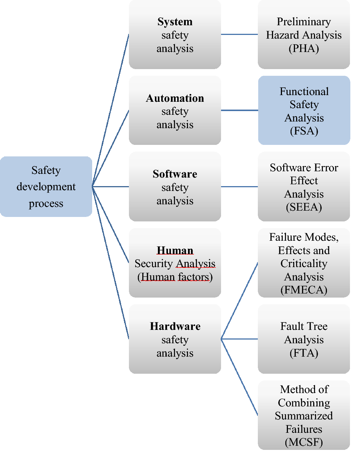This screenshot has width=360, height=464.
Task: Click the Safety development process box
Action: [x=46, y=186]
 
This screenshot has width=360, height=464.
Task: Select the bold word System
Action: [x=175, y=22]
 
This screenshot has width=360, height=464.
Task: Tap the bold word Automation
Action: [x=175, y=98]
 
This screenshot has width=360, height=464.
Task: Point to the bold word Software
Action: [x=175, y=174]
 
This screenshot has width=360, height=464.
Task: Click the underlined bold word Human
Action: [x=175, y=250]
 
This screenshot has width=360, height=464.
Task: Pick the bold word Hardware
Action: [x=175, y=327]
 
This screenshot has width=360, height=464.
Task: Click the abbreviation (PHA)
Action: [x=304, y=49]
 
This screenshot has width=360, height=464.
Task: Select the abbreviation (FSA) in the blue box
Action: [x=304, y=131]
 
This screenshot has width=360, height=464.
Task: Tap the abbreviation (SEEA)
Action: [x=304, y=207]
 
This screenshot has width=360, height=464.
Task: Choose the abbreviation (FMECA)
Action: [x=304, y=290]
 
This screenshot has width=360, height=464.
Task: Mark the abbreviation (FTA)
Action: [x=304, y=353]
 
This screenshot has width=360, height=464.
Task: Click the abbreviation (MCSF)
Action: [x=304, y=442]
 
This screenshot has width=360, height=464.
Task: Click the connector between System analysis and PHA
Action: [x=239, y=35]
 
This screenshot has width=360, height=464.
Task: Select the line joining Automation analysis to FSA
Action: [x=239, y=110]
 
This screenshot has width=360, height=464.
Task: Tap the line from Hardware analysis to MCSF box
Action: [x=240, y=377]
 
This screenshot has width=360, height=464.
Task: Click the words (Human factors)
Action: [x=175, y=277]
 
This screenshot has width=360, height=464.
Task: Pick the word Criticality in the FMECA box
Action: [x=304, y=264]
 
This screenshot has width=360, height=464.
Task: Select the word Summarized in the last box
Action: [x=304, y=416]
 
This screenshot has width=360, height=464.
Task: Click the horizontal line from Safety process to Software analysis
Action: [x=111, y=186]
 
